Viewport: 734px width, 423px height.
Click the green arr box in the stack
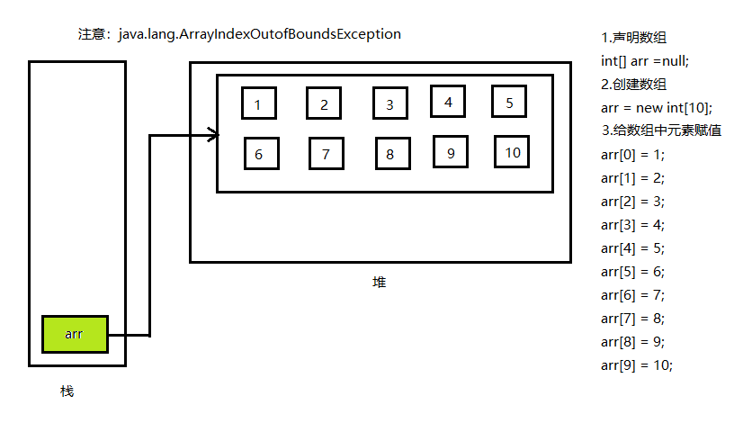click(75, 334)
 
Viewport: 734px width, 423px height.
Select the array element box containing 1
click(258, 104)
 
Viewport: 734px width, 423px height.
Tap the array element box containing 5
click(509, 102)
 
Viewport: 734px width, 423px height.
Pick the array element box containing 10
click(512, 152)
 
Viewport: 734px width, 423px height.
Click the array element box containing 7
click(326, 154)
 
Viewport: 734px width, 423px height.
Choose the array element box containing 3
click(390, 104)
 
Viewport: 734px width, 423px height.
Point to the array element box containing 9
click(451, 152)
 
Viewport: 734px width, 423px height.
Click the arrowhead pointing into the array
click(213, 135)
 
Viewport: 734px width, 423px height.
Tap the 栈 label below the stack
click(67, 391)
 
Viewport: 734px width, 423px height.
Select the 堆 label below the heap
click(380, 282)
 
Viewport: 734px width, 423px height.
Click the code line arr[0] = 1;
click(632, 155)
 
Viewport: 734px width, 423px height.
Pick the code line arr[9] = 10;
click(636, 364)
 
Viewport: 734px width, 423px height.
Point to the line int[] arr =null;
click(644, 61)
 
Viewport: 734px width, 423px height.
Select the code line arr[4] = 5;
click(632, 248)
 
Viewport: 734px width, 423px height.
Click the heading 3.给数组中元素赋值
click(662, 131)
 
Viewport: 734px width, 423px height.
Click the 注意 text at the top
click(93, 34)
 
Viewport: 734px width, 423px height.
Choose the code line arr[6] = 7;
click(632, 295)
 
